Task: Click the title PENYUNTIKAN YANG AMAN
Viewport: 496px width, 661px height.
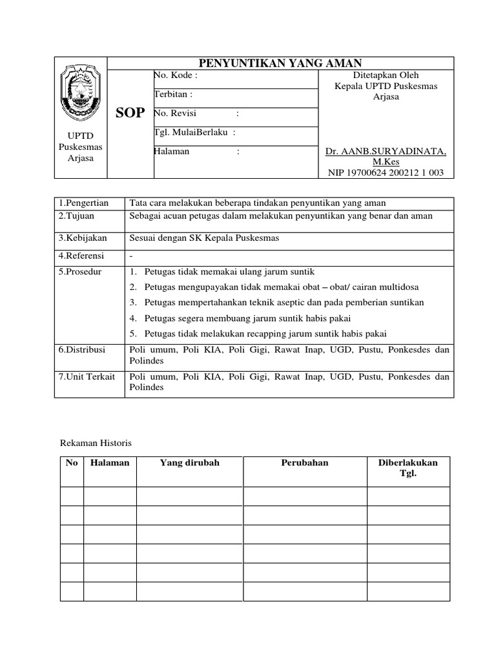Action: click(x=280, y=63)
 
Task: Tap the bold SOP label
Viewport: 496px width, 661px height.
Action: click(x=130, y=114)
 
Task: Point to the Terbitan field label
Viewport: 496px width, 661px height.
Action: click(x=173, y=94)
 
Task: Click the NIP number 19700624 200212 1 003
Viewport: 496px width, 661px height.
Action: click(x=386, y=172)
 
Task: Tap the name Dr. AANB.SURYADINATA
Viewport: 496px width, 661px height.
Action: click(x=386, y=151)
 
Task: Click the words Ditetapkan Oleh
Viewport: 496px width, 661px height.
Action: click(x=387, y=76)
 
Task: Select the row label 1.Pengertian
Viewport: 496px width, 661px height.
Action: click(x=83, y=203)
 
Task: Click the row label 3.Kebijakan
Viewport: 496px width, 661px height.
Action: click(x=82, y=238)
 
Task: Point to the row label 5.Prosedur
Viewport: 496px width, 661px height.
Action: click(x=80, y=272)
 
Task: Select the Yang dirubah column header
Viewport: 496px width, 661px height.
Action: click(x=189, y=463)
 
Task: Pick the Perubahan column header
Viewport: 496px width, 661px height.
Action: click(x=305, y=463)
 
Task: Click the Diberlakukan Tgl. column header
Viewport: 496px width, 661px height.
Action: click(x=408, y=468)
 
